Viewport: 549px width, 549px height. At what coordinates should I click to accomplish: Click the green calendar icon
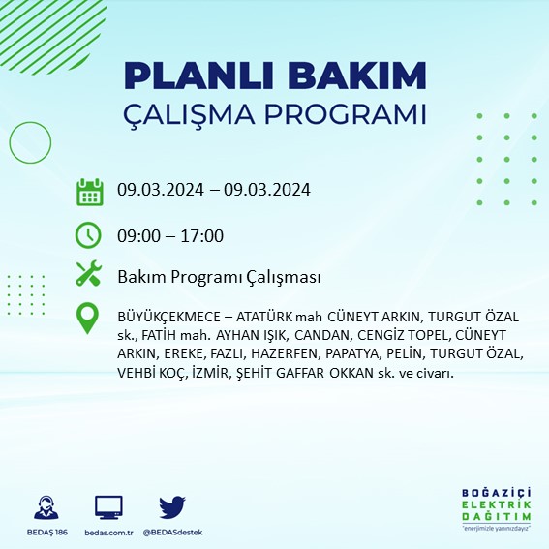tap(89, 192)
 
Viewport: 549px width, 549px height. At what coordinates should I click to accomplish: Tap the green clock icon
tap(89, 235)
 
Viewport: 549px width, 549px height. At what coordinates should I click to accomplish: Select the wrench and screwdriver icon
tap(89, 276)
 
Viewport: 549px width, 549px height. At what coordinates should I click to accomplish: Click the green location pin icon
tap(89, 319)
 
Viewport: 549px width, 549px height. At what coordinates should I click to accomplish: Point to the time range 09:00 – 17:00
tap(170, 236)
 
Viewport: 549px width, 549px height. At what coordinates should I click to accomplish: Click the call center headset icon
tap(45, 507)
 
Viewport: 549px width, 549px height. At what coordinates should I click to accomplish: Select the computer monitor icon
tap(108, 507)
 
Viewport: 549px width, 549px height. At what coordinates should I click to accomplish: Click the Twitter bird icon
tap(171, 507)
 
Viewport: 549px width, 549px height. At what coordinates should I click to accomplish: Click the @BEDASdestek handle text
tap(172, 533)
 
